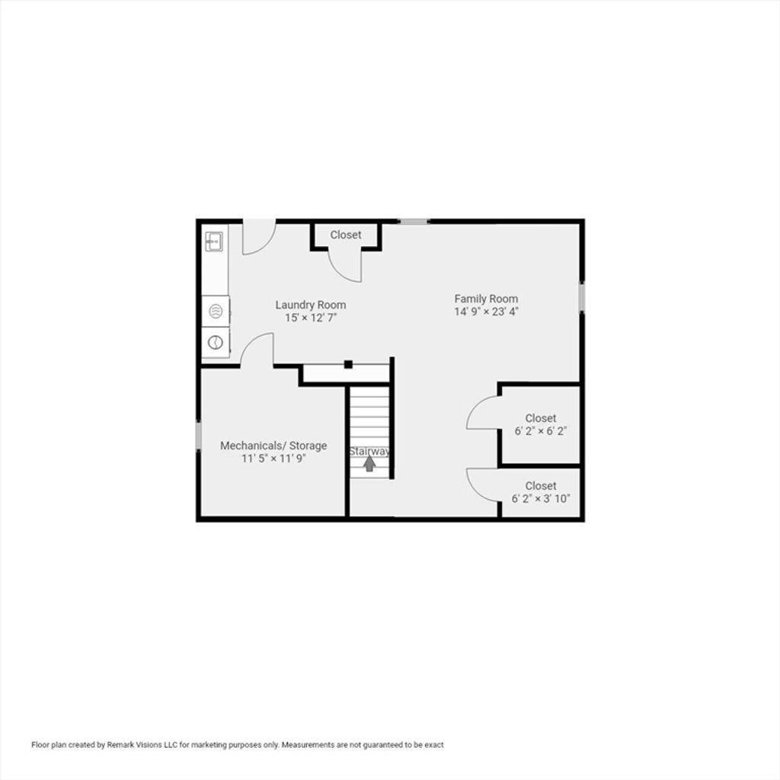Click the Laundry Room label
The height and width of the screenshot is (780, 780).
click(x=311, y=305)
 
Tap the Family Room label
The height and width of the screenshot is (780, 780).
click(x=486, y=299)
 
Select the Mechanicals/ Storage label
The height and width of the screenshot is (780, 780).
click(x=273, y=445)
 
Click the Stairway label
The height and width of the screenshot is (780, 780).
click(x=369, y=451)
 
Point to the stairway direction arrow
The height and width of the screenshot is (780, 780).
click(x=369, y=463)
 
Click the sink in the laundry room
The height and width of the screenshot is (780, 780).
click(x=214, y=241)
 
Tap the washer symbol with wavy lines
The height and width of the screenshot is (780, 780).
click(x=216, y=312)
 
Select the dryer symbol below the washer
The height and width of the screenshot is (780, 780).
click(x=216, y=342)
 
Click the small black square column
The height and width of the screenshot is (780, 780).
click(x=348, y=364)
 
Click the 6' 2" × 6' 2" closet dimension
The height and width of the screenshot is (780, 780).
click(x=541, y=431)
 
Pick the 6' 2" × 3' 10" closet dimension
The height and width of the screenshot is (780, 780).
click(x=541, y=498)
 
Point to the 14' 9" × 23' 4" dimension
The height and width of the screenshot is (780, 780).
click(x=486, y=312)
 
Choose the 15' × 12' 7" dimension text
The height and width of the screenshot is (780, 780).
click(x=311, y=318)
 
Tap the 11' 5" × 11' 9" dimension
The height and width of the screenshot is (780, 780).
click(x=273, y=458)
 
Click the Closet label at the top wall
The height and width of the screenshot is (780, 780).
click(x=346, y=235)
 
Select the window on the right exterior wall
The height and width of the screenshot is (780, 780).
click(x=581, y=297)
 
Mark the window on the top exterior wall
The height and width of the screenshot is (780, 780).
click(x=414, y=222)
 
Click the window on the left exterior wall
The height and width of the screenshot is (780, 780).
click(x=199, y=436)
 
